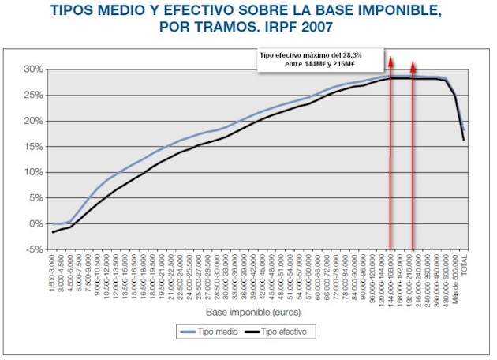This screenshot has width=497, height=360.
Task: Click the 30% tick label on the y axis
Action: pos(31,69)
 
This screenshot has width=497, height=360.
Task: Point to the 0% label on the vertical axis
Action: pos(35,223)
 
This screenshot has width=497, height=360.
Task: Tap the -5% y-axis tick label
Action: pos(32,249)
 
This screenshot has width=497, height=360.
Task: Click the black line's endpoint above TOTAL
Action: pos(464,140)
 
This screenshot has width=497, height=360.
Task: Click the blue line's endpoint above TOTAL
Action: pos(464,130)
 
